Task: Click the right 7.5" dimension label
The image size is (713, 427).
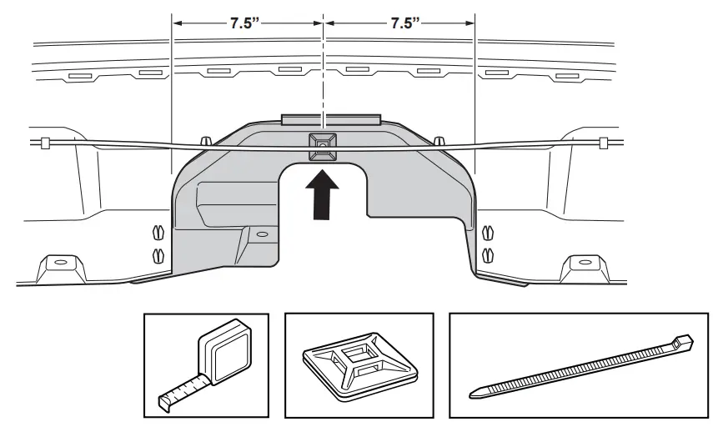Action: click(x=405, y=23)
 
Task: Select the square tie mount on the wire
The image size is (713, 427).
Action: click(x=320, y=145)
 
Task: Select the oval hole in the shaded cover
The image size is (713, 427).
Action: click(x=263, y=235)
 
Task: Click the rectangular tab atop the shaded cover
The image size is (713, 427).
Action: click(x=331, y=120)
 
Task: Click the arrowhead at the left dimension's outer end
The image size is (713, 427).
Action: click(x=176, y=23)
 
